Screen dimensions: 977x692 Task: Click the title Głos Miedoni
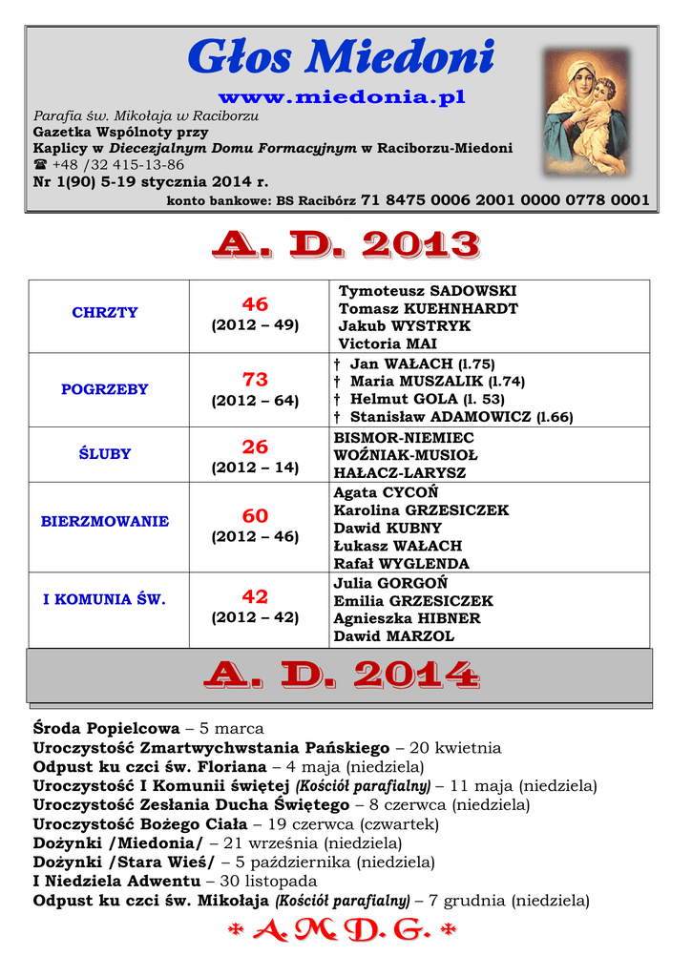pos(342,59)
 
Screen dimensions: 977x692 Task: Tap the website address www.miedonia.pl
pos(342,98)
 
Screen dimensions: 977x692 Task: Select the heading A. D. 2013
pos(346,245)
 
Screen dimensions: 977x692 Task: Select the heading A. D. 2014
pos(341,676)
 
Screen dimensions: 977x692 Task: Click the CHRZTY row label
pos(105,313)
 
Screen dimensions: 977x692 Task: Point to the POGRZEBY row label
pos(105,389)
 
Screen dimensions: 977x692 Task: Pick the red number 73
pos(255,379)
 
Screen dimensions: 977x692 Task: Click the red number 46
pos(255,304)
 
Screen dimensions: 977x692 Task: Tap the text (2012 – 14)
pos(255,468)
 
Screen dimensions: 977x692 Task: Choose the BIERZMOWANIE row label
pos(105,522)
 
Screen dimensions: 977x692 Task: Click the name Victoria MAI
pos(388,343)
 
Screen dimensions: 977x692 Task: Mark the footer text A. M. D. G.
pos(342,932)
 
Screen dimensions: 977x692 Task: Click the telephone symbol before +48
pos(40,165)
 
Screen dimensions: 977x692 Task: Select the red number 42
pos(255,597)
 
